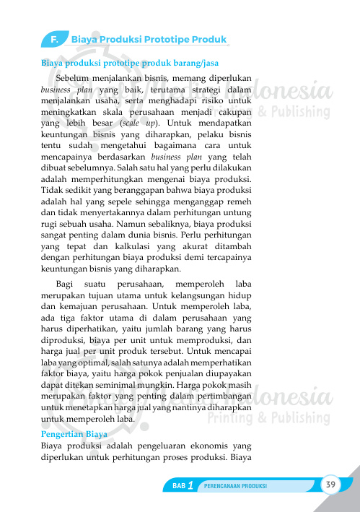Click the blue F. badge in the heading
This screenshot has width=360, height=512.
[54, 38]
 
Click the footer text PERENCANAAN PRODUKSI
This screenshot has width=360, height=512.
[236, 486]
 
